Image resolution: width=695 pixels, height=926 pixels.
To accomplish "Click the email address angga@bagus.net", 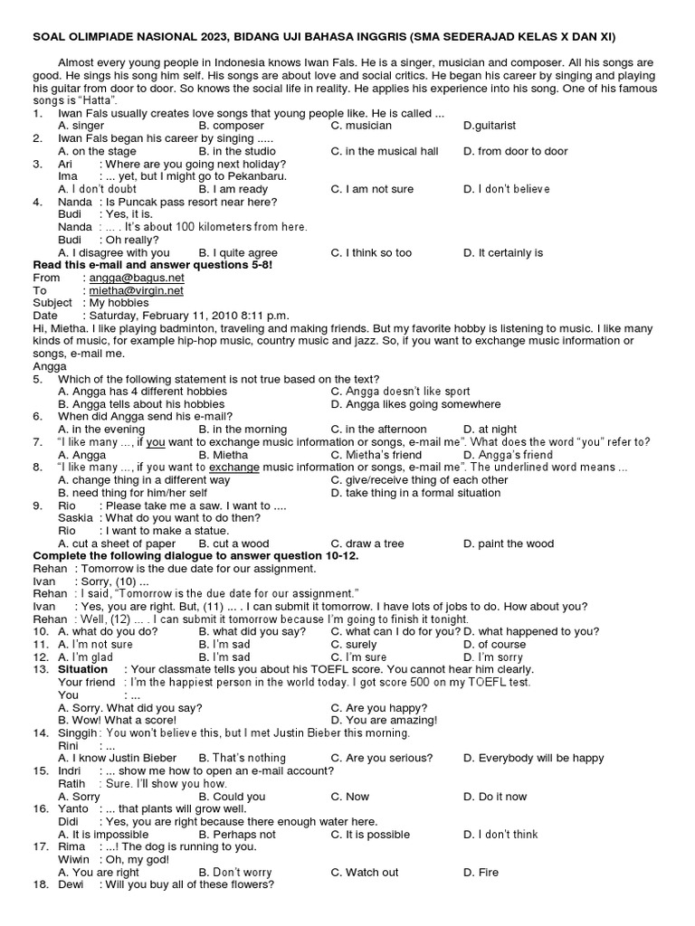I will click(135, 278).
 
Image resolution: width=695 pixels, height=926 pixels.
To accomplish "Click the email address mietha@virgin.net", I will click(135, 290).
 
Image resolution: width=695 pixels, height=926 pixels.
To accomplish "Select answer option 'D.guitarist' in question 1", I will click(490, 126).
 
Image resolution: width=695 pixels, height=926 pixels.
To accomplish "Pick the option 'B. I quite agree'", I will click(238, 253).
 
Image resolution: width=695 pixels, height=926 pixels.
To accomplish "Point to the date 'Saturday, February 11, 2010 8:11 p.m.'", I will click(188, 315).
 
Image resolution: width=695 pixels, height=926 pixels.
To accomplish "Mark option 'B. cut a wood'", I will click(233, 543).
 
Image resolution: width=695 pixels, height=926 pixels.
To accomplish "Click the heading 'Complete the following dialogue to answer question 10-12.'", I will click(199, 555).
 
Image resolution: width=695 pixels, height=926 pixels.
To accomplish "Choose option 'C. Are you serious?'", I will click(381, 758).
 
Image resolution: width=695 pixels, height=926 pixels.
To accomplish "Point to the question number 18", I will click(41, 884).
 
